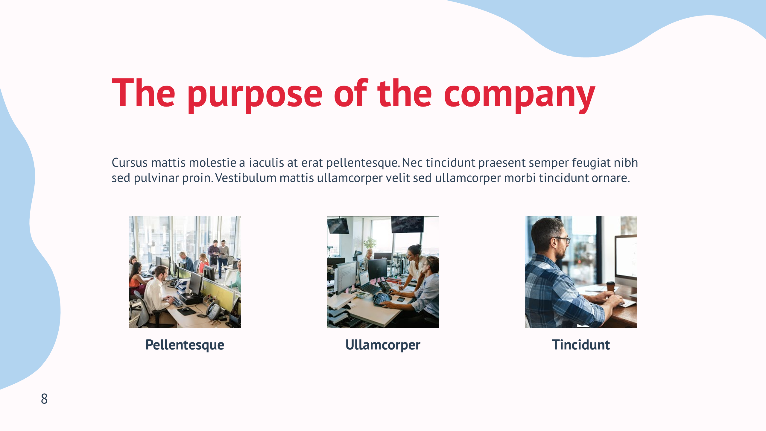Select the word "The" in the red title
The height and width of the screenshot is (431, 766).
click(143, 92)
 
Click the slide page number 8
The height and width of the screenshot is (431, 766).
click(44, 399)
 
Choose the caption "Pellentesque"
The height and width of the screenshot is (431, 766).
click(185, 345)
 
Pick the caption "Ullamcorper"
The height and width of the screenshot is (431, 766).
click(383, 345)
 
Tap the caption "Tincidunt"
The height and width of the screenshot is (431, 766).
click(581, 345)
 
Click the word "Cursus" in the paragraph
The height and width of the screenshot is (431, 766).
click(130, 163)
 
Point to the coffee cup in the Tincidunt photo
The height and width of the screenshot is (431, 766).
click(610, 286)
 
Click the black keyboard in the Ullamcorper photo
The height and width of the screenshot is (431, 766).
click(382, 299)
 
